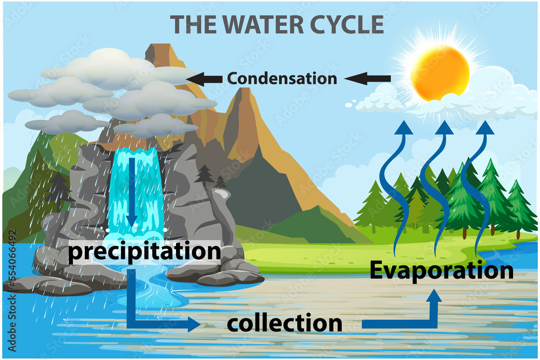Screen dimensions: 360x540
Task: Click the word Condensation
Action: pos(282,79)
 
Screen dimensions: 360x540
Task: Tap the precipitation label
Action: pos(145,252)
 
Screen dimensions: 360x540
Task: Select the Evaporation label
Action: pos(441,270)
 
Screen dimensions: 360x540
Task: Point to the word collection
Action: pos(285,323)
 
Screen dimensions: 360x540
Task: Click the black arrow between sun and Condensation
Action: pos(368,79)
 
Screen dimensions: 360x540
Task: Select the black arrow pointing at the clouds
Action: pos(205,79)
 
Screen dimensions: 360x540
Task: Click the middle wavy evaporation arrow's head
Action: pos(444,128)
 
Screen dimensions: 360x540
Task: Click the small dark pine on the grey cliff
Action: pos(205,174)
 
